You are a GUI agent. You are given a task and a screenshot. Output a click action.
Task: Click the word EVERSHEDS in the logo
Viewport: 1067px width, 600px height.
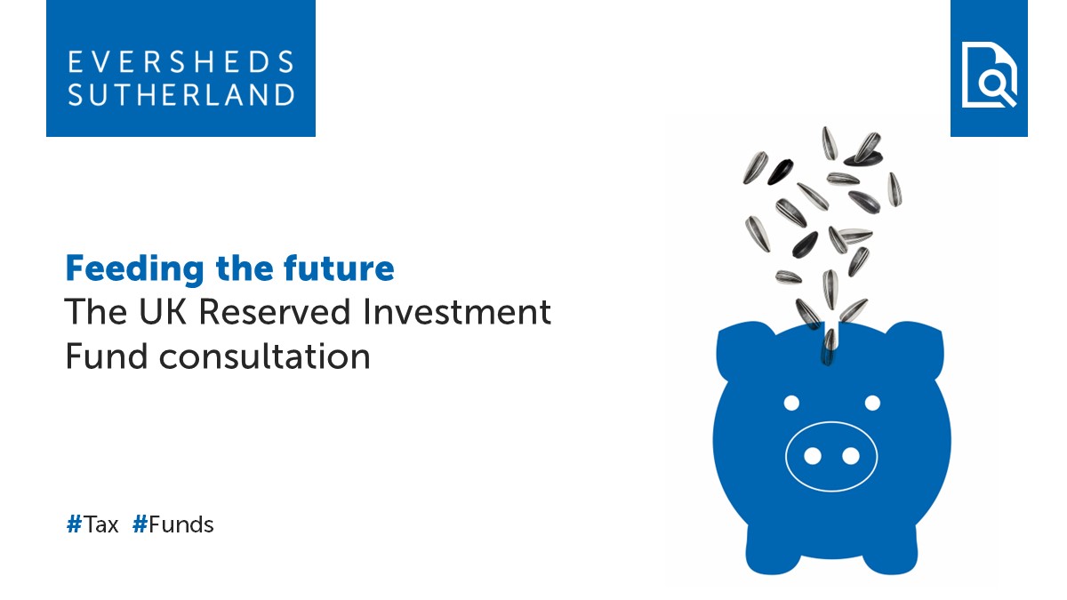coord(181,62)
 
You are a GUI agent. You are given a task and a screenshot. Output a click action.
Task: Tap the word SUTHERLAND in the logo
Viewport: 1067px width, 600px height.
coord(181,94)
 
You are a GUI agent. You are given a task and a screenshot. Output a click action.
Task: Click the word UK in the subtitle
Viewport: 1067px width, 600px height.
coord(163,312)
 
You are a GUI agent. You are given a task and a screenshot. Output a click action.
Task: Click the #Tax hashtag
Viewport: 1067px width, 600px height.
coord(92,524)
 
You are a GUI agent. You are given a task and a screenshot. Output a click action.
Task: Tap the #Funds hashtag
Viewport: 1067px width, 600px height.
coord(173,524)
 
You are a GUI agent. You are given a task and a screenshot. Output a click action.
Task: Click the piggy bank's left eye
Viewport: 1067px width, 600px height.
coord(790,404)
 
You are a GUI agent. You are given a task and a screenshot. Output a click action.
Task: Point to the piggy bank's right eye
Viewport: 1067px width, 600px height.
coord(872,404)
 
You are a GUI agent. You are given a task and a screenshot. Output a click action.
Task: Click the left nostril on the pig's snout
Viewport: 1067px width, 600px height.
coord(812,456)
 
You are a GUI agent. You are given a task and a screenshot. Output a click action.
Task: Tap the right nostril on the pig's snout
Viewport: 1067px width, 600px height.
coord(851,456)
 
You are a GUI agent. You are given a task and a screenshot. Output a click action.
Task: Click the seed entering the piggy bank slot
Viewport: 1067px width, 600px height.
coord(830,341)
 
